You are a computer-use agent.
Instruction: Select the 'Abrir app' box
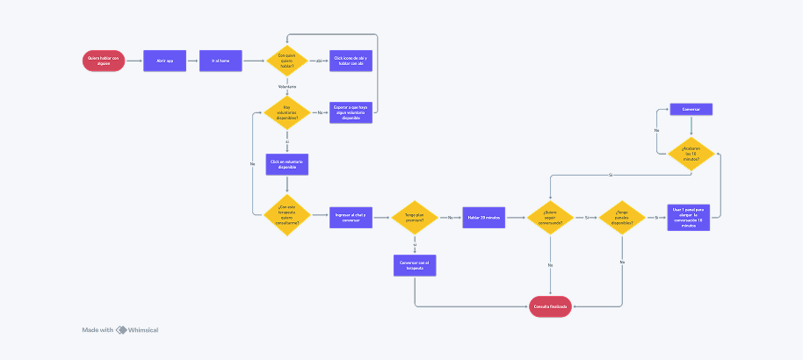tap(164, 61)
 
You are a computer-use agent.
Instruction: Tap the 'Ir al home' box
tap(221, 61)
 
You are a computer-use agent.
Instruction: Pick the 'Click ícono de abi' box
tap(351, 61)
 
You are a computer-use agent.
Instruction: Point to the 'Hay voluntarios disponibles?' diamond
tap(286, 112)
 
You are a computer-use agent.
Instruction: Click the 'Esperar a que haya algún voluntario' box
tap(351, 112)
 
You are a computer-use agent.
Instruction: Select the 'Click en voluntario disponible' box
tap(287, 164)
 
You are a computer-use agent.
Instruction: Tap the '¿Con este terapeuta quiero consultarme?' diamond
tap(287, 216)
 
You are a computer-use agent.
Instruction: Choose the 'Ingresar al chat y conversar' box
tap(351, 216)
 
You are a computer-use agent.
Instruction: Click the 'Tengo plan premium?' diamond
tap(414, 216)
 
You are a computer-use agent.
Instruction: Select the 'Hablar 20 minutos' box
tap(484, 216)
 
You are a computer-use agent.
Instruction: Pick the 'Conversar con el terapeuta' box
tap(414, 264)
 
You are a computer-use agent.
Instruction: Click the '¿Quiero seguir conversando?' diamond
tap(550, 216)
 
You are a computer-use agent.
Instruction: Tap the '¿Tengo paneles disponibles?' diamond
tap(622, 216)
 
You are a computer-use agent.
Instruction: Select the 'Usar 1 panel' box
tap(691, 216)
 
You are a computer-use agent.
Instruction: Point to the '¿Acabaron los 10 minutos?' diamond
tap(691, 152)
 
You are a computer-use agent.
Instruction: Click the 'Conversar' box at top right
tap(691, 110)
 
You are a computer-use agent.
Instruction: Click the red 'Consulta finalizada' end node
tap(550, 306)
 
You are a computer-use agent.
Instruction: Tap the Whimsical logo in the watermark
tap(122, 330)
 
